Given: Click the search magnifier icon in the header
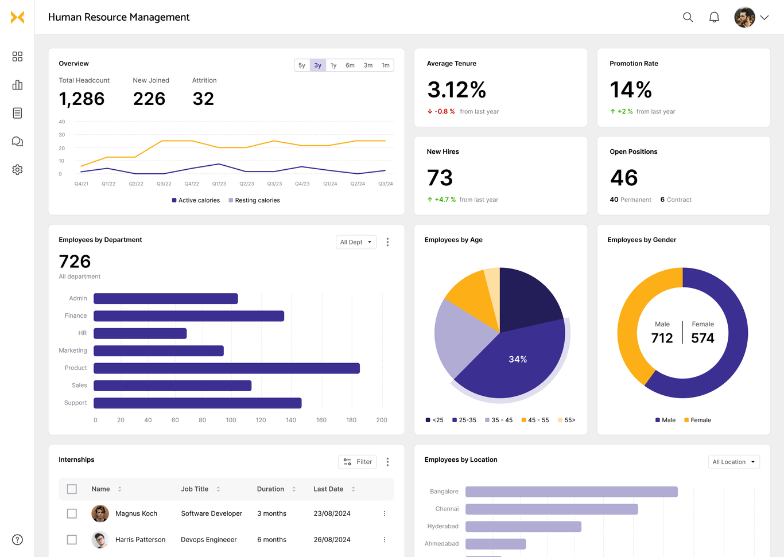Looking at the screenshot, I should click(x=688, y=17).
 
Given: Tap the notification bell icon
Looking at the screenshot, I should click(x=714, y=17).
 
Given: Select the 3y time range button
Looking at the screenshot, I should click(x=317, y=65).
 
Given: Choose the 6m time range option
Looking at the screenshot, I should click(x=350, y=65).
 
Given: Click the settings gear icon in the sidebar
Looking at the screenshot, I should click(x=17, y=170).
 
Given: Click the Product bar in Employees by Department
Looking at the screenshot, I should click(x=226, y=368).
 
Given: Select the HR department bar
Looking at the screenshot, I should click(x=140, y=333).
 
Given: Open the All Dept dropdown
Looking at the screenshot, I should click(x=356, y=242).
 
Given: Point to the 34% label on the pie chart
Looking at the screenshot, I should click(x=518, y=359).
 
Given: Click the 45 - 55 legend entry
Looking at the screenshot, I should click(x=535, y=420).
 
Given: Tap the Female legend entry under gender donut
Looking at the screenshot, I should click(x=697, y=420).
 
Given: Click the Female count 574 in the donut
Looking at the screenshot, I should click(x=703, y=338).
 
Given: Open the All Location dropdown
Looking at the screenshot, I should click(x=733, y=462).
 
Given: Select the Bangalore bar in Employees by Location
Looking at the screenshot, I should click(x=571, y=492).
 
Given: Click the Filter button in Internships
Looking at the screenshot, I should click(x=358, y=462).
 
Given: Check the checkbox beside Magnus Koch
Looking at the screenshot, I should click(x=72, y=513).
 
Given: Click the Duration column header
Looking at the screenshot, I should click(x=271, y=489).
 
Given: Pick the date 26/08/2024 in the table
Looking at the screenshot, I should click(x=332, y=540).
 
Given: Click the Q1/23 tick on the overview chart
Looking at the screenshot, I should click(x=219, y=184).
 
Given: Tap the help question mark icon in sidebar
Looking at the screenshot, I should click(x=17, y=540).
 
